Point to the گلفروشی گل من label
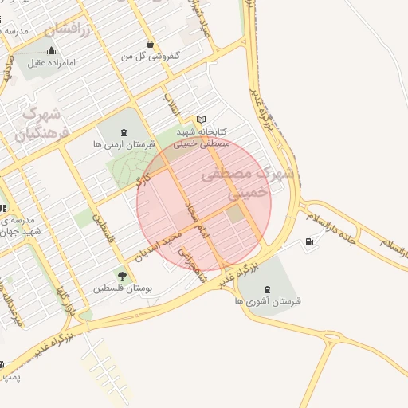[151, 56]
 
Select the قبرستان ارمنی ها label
[120, 144]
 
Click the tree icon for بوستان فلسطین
[122, 275]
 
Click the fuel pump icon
[308, 241]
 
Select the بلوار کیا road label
[67, 299]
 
